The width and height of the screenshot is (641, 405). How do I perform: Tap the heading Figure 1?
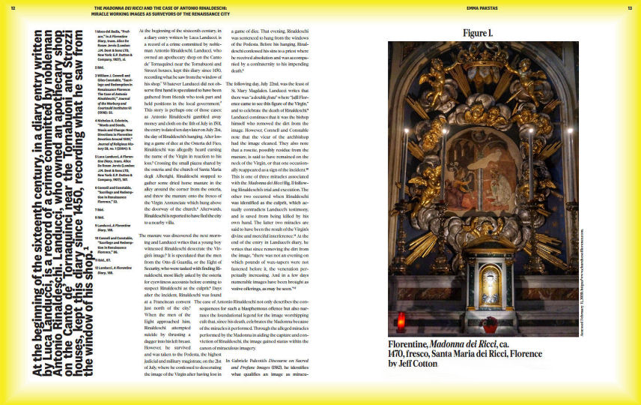click(x=478, y=33)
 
